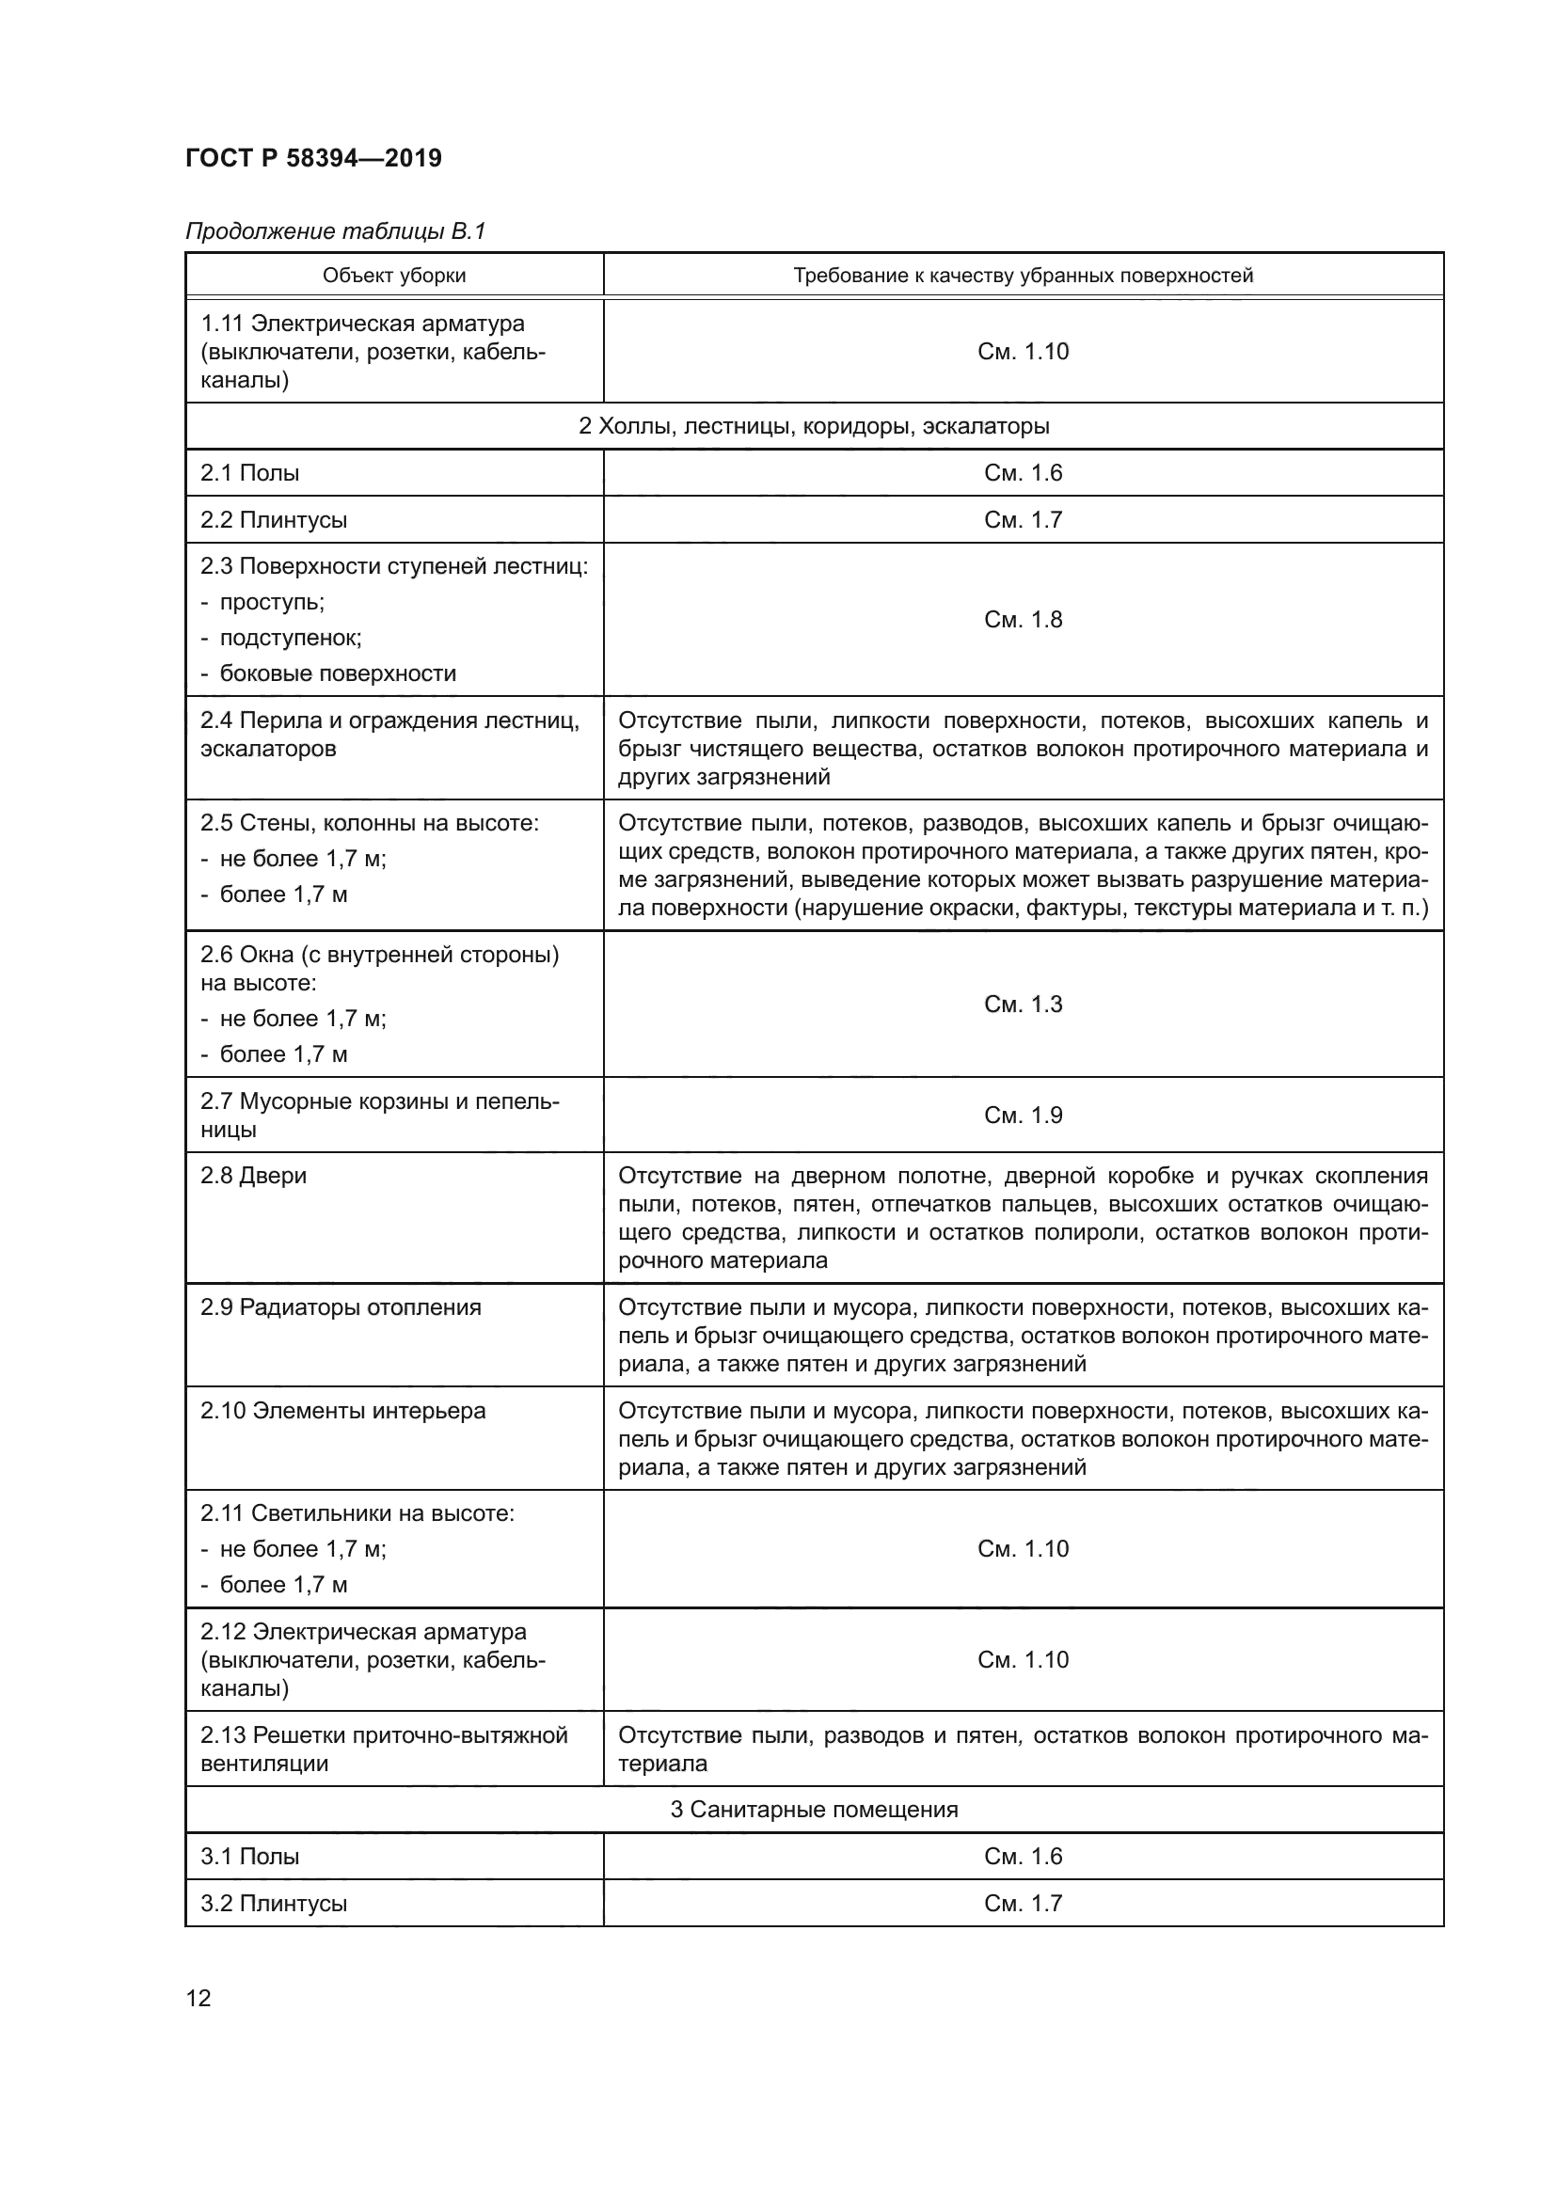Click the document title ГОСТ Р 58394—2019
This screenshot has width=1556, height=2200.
coord(313,158)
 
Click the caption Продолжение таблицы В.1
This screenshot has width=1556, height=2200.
coord(335,231)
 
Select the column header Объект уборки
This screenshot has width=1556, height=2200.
coord(394,276)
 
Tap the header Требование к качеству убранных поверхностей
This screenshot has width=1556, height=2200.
coord(1023,276)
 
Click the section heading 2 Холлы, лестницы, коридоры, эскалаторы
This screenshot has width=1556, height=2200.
coord(814,426)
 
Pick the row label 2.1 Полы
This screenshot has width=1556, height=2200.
coord(250,472)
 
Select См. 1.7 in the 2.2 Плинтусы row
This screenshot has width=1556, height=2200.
coord(1023,519)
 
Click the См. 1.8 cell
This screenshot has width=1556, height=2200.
coord(1023,619)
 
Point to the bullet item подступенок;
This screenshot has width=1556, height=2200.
coord(291,637)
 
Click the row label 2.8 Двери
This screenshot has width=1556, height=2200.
coord(254,1176)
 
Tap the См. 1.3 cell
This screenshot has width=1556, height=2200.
coord(1023,1004)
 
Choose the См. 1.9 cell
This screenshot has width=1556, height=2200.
coord(1023,1115)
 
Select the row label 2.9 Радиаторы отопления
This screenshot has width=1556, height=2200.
coord(341,1307)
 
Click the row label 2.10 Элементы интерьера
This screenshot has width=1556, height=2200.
coord(343,1411)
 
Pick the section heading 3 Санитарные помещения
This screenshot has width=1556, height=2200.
coord(814,1809)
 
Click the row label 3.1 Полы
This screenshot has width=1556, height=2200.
coord(250,1856)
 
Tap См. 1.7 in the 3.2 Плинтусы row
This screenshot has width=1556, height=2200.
coord(1023,1903)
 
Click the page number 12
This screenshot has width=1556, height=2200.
coord(198,1998)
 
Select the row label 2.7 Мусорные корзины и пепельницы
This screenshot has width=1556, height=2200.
coord(379,1115)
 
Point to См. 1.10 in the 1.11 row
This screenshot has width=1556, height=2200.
coord(1023,351)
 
